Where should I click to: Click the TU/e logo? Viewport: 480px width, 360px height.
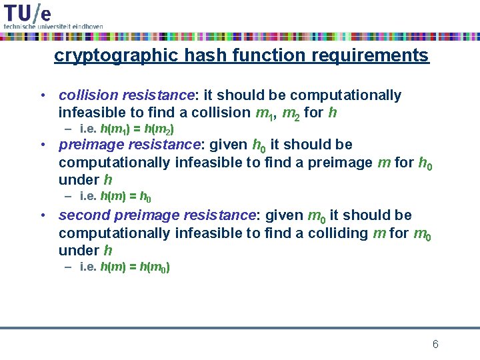coord(27,11)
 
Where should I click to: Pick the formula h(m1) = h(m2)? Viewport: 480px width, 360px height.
coord(137,129)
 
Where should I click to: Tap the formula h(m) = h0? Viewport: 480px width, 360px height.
coord(125,197)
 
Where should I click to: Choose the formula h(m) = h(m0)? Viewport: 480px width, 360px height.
coord(134,267)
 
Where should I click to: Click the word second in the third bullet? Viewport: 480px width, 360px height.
coord(85,215)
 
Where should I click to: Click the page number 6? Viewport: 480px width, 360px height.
coord(435,344)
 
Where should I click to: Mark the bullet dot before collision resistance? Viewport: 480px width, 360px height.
coord(41,95)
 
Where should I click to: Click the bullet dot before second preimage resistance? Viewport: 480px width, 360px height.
coord(41,215)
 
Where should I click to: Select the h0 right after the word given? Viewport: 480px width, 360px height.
coord(259,145)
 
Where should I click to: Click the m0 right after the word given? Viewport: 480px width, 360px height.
coord(316,216)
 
